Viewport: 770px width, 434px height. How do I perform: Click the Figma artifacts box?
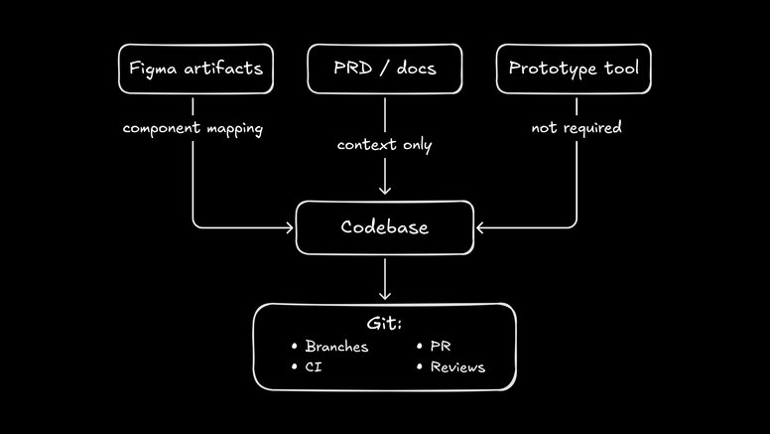(194, 69)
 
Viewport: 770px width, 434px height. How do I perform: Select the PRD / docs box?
(384, 69)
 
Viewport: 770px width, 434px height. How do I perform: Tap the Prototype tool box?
(574, 69)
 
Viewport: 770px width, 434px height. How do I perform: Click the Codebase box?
(384, 227)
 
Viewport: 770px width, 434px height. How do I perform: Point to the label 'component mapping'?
(192, 129)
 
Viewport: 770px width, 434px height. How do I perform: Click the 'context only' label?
(384, 145)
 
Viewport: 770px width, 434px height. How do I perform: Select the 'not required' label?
(577, 128)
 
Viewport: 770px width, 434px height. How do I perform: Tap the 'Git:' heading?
(385, 324)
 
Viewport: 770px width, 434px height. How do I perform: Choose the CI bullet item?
(313, 367)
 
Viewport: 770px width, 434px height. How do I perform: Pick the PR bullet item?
(441, 347)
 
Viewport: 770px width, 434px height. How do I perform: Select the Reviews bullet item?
(457, 367)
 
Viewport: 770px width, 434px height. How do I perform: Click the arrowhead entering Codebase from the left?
(289, 227)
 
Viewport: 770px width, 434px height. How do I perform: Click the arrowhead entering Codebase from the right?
(481, 227)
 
